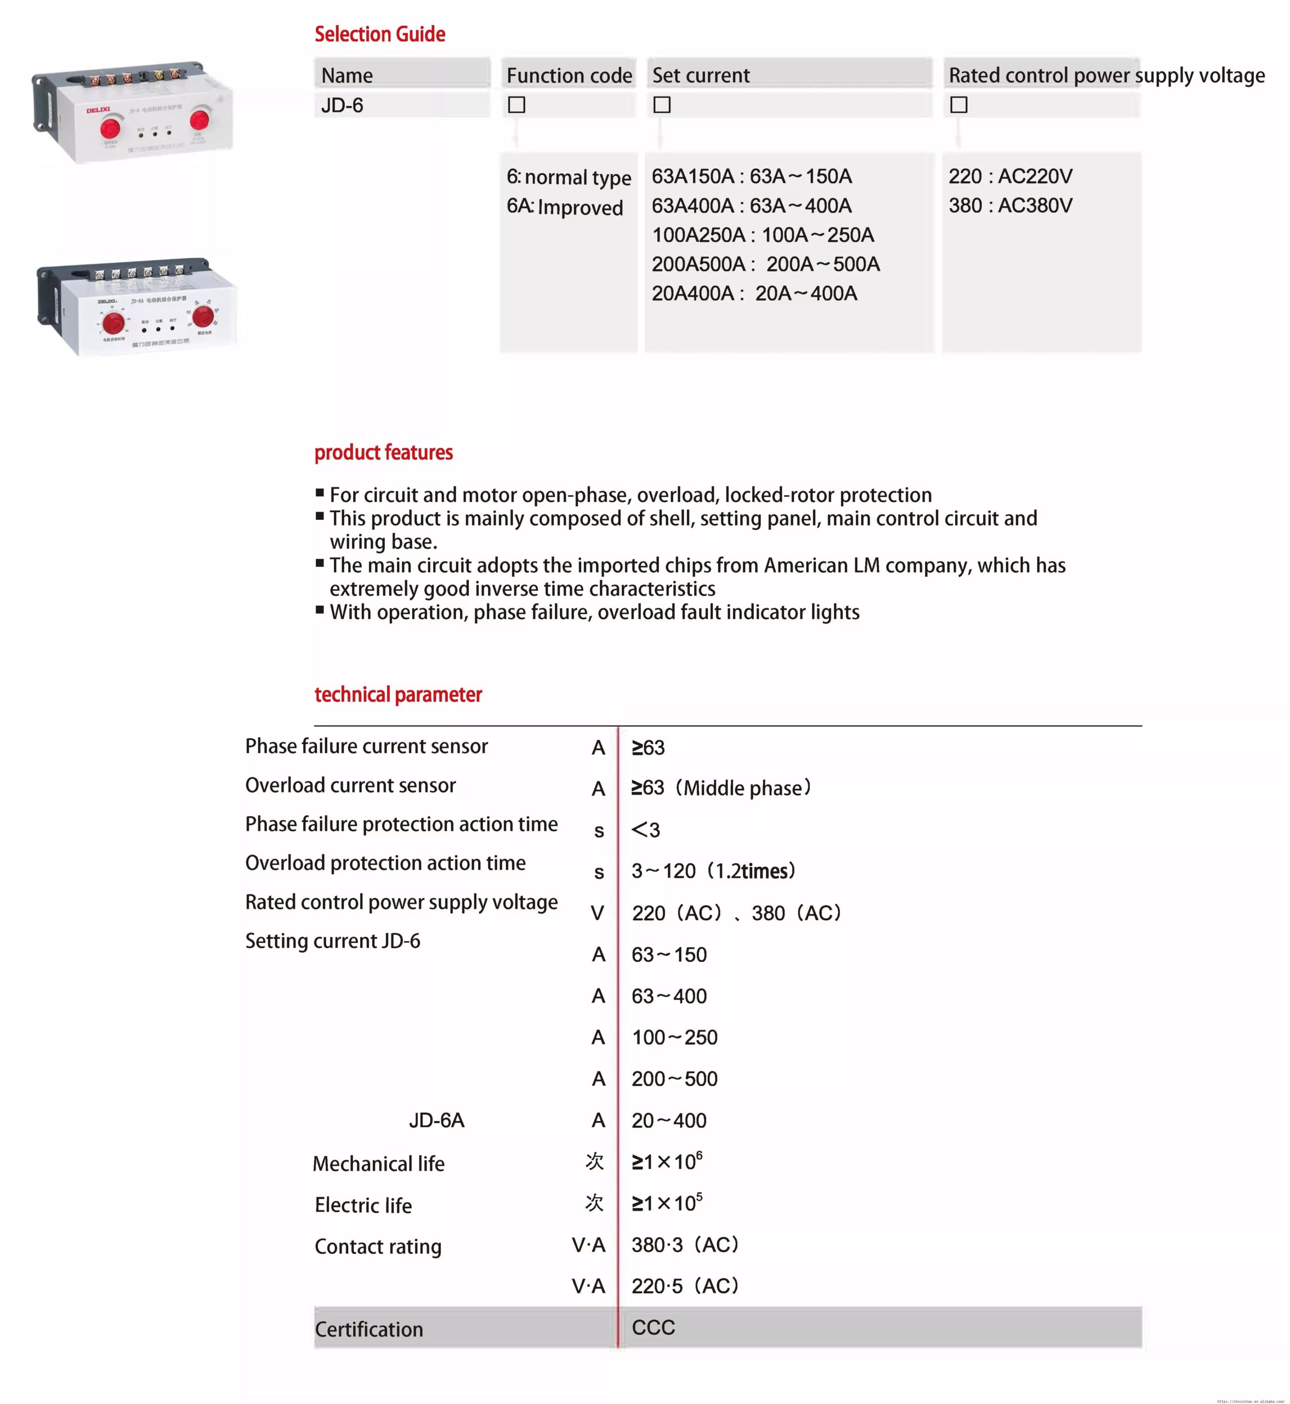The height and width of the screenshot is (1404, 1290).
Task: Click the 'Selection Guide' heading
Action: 380,34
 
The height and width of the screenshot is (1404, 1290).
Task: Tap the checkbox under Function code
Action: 516,105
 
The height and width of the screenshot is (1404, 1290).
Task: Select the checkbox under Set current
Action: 662,105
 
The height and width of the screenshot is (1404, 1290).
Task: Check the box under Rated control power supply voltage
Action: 959,105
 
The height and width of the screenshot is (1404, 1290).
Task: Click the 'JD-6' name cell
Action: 342,105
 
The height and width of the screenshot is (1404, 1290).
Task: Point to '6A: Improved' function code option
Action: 565,207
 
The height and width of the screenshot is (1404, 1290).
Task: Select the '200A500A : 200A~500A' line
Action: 766,264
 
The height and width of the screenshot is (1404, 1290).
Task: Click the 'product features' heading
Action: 383,452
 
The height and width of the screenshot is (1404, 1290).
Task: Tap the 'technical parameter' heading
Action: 398,695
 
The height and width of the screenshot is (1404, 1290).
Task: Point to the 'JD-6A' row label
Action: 436,1120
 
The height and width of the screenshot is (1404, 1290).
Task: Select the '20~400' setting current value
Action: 669,1120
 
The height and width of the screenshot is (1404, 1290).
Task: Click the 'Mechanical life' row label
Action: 378,1164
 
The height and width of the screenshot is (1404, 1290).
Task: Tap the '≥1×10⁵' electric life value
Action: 667,1203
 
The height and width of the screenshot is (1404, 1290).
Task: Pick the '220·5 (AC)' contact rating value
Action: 685,1286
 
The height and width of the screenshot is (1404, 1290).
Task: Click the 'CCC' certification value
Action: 653,1327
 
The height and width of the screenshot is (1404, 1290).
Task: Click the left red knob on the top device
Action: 110,128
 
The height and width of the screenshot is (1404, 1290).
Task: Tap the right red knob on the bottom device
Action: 203,317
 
